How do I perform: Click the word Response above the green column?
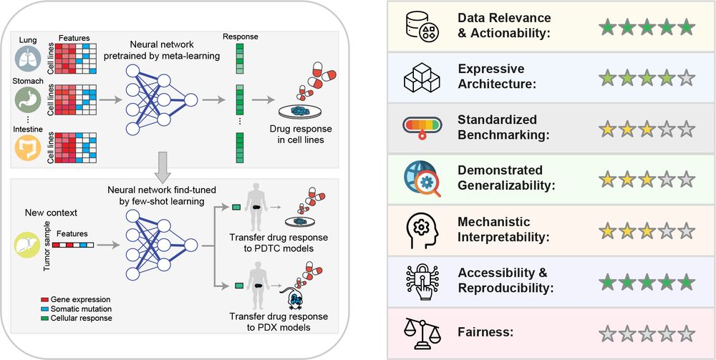coord(240,37)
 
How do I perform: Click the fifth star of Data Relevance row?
coord(686,28)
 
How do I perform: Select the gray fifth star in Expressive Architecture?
coord(686,79)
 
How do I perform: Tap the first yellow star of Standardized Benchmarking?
coord(607,130)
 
